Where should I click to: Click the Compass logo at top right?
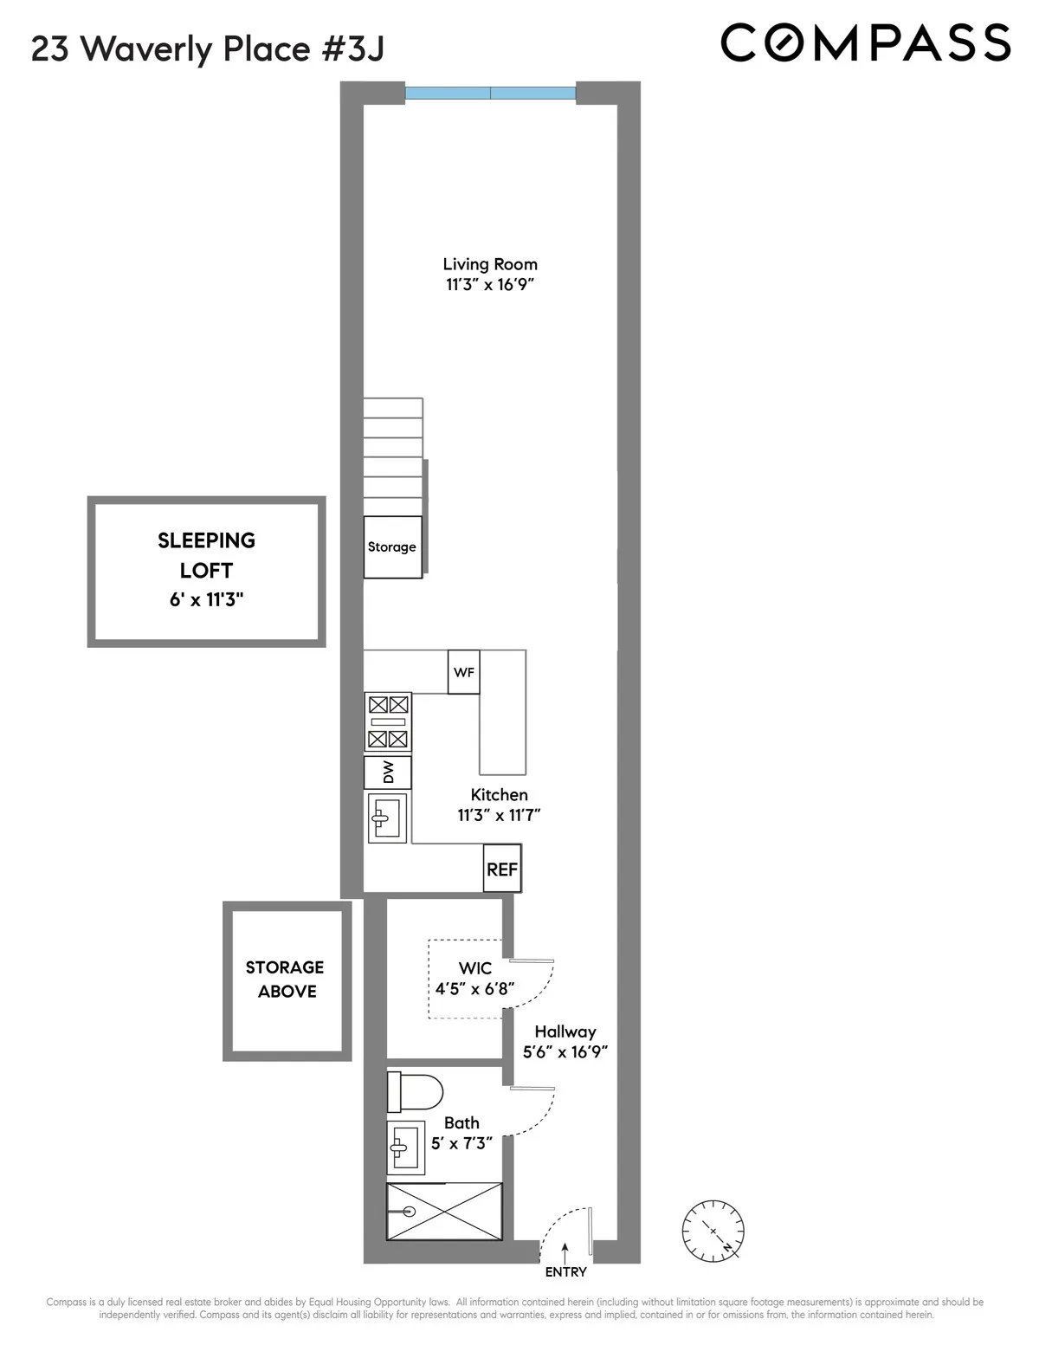[865, 42]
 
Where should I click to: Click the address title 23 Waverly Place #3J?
[208, 49]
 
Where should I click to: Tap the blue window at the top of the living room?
[490, 93]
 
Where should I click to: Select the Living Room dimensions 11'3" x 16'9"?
[490, 285]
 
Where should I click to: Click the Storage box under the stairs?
[392, 547]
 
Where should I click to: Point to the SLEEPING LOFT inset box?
[206, 571]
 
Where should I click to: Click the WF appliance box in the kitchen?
[463, 672]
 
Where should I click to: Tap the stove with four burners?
[387, 721]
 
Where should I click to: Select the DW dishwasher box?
[387, 772]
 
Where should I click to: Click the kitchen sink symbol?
[387, 818]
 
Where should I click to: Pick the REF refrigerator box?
[502, 869]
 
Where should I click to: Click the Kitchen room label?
[499, 794]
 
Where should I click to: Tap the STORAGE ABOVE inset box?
[287, 980]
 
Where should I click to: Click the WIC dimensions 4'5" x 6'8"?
[474, 988]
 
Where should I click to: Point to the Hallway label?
[565, 1031]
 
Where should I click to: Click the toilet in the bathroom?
[414, 1091]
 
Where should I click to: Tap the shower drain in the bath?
[410, 1212]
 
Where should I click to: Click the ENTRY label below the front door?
[565, 1272]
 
